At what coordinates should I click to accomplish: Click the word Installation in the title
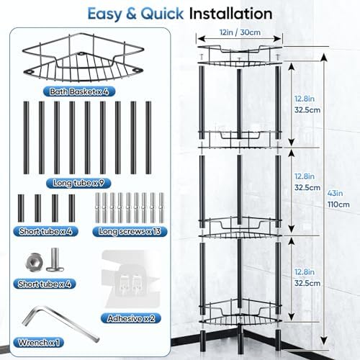[230, 14]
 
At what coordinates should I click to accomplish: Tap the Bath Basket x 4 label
[79, 91]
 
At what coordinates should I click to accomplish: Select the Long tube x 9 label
[78, 183]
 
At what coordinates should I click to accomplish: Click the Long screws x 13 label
[130, 231]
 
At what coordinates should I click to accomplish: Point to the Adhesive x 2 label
[131, 318]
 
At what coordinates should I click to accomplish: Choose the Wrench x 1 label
[39, 342]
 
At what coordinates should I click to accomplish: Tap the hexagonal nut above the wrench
[35, 262]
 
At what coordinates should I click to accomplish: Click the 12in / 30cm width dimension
[240, 32]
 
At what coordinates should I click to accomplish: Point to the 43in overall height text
[335, 193]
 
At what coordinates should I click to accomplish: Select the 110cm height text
[338, 204]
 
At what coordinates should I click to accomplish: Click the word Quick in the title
[162, 14]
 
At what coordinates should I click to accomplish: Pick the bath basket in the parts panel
[83, 57]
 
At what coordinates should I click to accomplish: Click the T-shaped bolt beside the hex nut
[55, 260]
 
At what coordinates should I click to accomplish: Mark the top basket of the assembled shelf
[239, 55]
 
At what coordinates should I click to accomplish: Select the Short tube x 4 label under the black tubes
[45, 231]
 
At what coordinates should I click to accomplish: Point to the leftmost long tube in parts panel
[26, 138]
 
